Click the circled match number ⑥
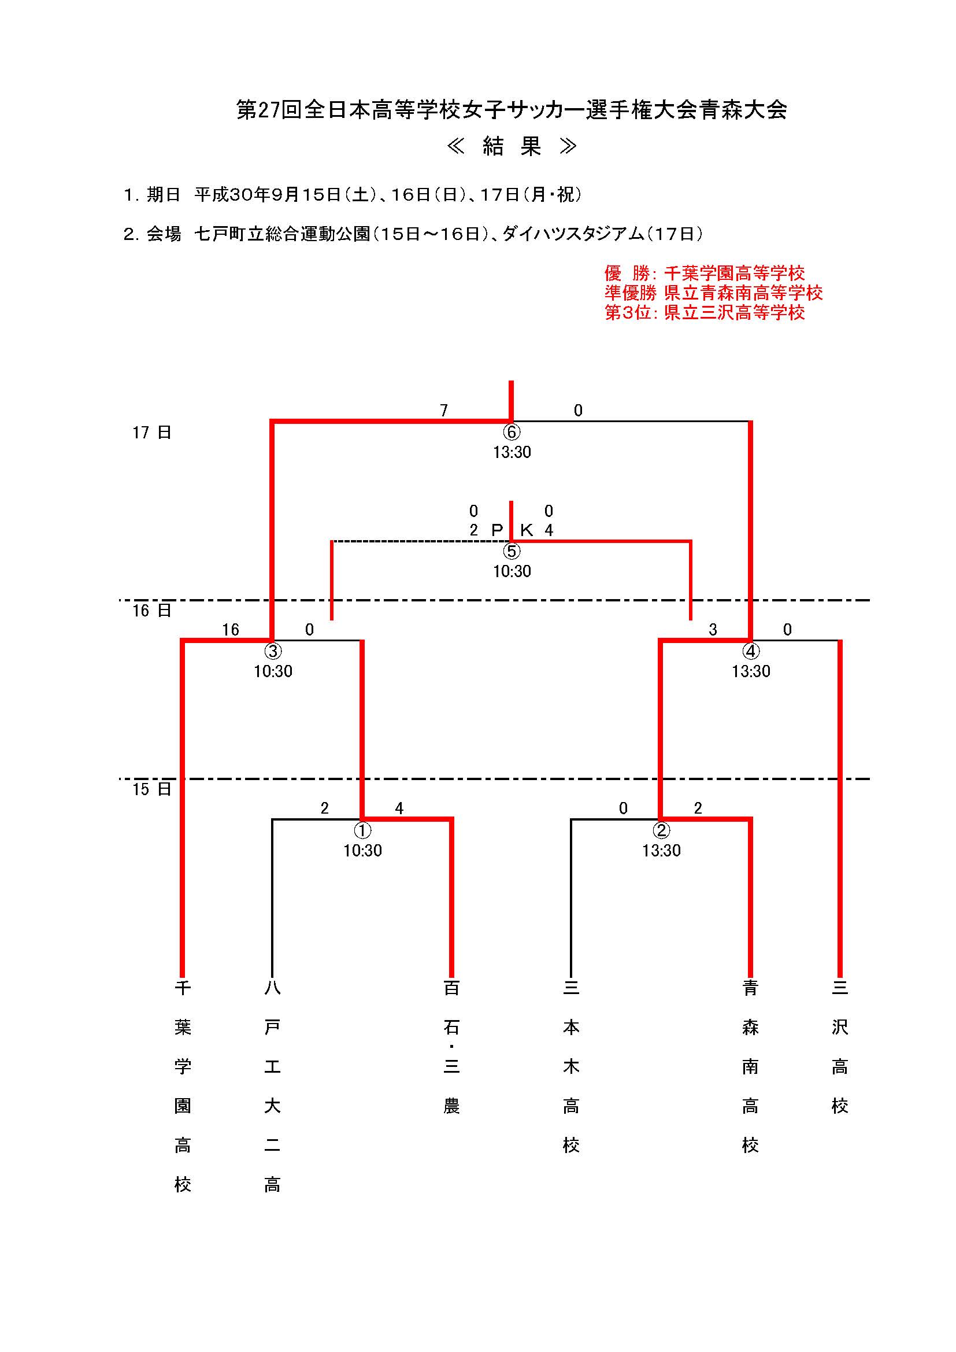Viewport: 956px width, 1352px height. [x=511, y=432]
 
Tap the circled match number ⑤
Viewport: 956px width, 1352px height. [x=511, y=551]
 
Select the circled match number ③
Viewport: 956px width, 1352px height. [x=273, y=651]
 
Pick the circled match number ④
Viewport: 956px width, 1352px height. [x=751, y=651]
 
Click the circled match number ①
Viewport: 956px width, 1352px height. [x=362, y=830]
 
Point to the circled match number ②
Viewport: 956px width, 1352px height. [x=661, y=830]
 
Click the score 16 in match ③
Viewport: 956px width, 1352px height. [x=231, y=630]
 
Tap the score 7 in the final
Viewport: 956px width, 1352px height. [x=444, y=411]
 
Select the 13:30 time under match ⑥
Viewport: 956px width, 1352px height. [x=512, y=452]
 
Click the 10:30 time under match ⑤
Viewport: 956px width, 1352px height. [x=512, y=571]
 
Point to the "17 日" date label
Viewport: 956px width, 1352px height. [x=151, y=433]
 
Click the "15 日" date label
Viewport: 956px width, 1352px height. [x=151, y=789]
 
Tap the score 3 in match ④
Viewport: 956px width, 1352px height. [x=712, y=630]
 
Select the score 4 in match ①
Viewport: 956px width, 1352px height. [x=399, y=809]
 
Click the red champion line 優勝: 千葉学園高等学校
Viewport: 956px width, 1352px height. [x=704, y=273]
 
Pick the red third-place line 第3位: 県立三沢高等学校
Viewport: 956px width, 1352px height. [x=704, y=312]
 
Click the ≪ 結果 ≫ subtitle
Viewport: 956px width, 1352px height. [x=512, y=147]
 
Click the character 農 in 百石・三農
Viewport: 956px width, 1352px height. [x=451, y=1106]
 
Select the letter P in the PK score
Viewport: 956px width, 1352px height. [x=497, y=530]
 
